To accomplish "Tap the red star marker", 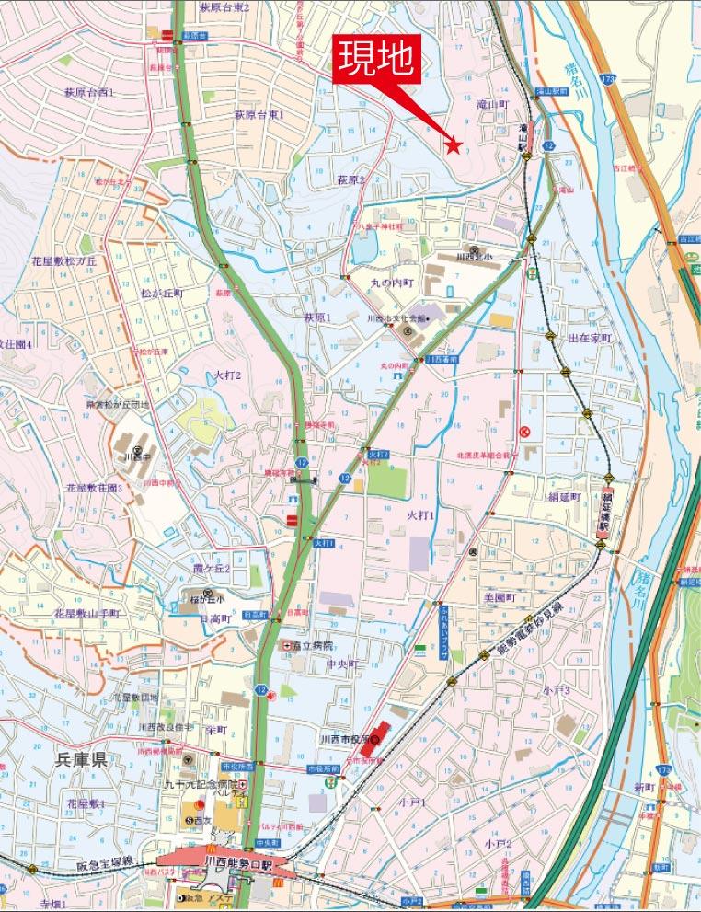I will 453,144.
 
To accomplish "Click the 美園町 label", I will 504,597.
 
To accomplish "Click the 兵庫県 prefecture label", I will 82,759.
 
